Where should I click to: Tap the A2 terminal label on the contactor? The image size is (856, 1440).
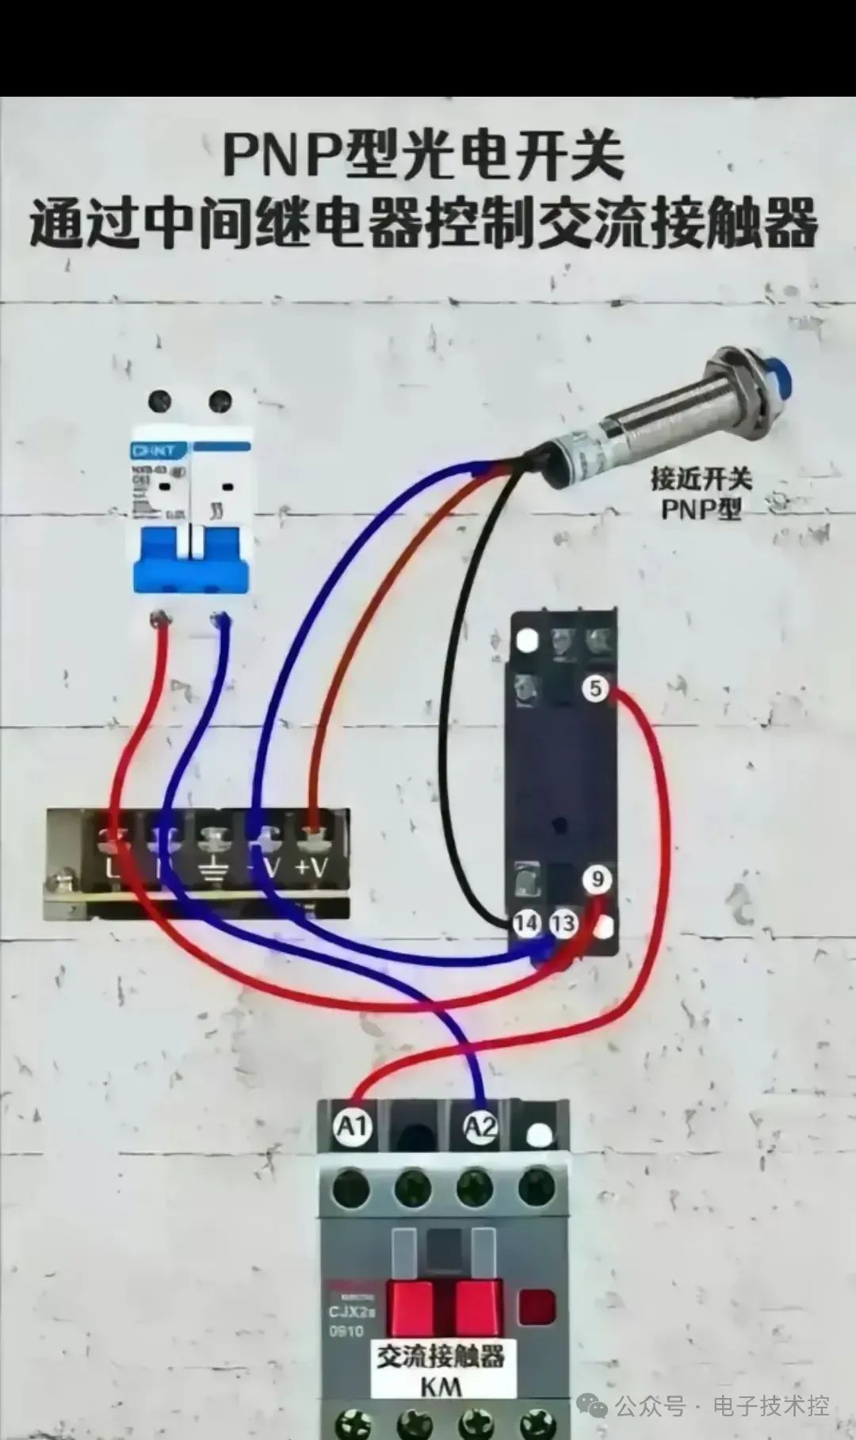tap(480, 1126)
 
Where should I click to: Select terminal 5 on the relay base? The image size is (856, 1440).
tap(596, 688)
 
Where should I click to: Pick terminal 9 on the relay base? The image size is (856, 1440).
tap(597, 879)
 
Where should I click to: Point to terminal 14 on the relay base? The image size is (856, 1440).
tap(526, 922)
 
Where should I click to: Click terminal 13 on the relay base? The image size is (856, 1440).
tap(563, 922)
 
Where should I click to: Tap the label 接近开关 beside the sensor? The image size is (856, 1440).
tap(701, 479)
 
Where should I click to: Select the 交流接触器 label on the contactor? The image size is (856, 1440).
tap(441, 1356)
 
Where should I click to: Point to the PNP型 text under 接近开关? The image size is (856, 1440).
tap(701, 507)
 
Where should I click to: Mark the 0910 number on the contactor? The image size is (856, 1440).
tap(346, 1331)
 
